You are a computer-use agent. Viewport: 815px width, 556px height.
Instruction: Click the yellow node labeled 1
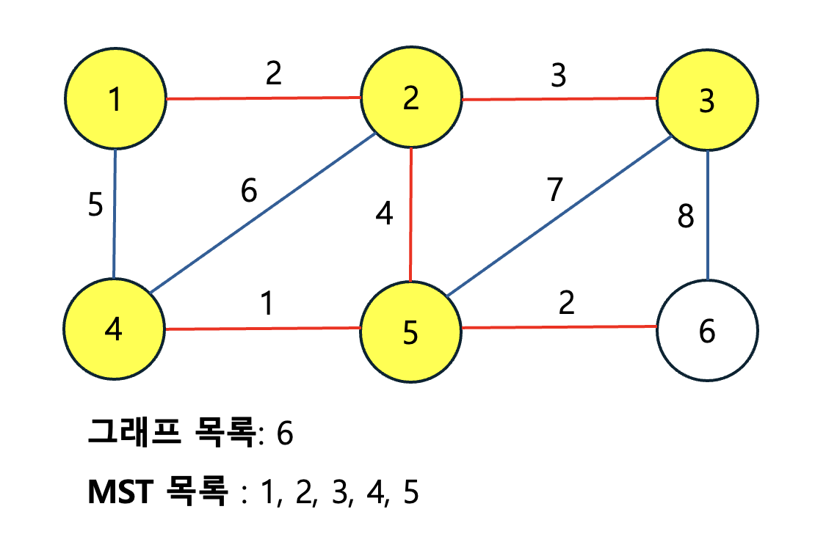pos(115,99)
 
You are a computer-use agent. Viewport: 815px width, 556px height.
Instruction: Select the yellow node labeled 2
pos(410,99)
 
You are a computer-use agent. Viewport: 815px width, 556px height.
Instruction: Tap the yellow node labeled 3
pos(706,100)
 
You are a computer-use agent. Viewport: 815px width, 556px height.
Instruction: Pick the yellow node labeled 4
pos(114,329)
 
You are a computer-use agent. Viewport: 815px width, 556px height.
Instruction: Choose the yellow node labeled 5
pos(410,332)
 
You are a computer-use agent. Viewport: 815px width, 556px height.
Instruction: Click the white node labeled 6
pos(706,331)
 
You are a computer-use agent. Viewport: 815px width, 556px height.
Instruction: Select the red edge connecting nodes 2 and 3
pos(559,99)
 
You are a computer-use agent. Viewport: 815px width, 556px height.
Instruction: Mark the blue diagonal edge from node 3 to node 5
pos(558,217)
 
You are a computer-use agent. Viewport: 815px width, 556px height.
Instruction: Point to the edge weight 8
pos(686,218)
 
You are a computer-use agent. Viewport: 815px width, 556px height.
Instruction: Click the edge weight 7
pos(554,190)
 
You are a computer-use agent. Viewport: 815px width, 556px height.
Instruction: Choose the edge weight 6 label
pos(250,192)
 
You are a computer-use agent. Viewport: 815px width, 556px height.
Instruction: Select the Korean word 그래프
pos(134,433)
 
